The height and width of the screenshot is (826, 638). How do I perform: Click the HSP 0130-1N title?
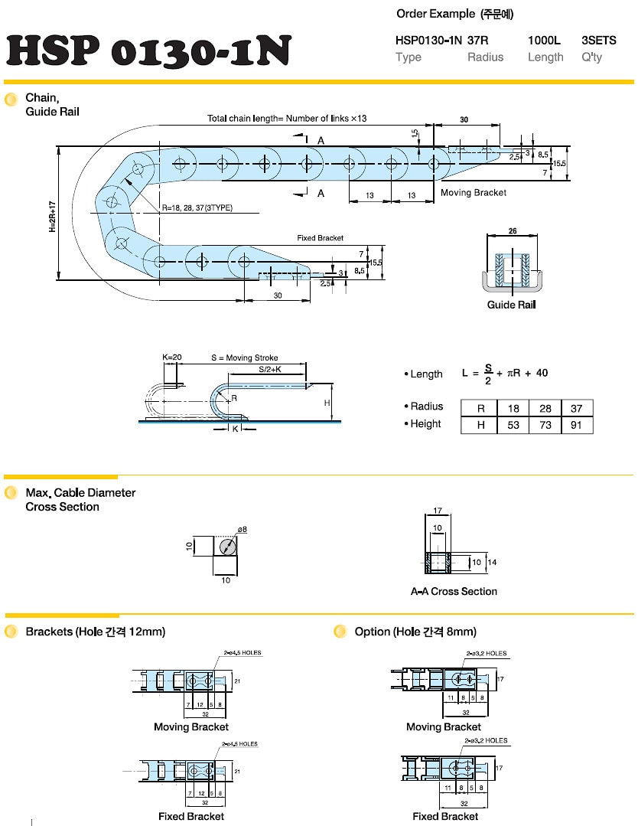tap(148, 51)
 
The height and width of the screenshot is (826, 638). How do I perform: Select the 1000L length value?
tap(544, 41)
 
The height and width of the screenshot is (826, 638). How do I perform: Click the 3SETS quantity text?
tap(599, 41)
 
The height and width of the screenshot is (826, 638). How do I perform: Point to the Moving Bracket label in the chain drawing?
tap(473, 193)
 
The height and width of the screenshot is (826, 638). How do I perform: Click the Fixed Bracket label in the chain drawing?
tap(321, 238)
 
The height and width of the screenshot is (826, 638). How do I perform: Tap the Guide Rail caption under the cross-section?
tap(512, 305)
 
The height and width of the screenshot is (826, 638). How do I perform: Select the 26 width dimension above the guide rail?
tap(512, 230)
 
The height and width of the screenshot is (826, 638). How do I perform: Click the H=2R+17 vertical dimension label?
tap(52, 216)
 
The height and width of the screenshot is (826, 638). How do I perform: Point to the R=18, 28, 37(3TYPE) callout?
tap(197, 208)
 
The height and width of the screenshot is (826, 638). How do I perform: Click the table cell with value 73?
tap(545, 425)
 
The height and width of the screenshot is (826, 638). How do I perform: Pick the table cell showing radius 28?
tap(545, 408)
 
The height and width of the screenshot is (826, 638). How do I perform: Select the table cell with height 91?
tap(577, 425)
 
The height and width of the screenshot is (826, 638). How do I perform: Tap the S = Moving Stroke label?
tap(245, 357)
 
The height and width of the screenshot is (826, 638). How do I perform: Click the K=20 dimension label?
tap(171, 357)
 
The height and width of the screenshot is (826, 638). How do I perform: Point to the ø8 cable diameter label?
tap(242, 529)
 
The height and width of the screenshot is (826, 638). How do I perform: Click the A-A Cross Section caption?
tap(454, 592)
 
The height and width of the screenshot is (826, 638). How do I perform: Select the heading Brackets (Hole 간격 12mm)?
tap(95, 632)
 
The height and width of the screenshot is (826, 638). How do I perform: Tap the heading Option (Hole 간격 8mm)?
tap(415, 632)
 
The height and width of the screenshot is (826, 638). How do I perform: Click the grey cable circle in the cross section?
tap(226, 547)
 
